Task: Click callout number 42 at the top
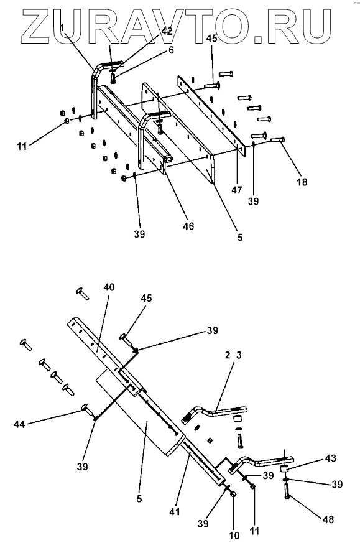[167, 30]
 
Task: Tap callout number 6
[171, 50]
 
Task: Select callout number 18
[302, 182]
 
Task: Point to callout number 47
[237, 190]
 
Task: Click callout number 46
[188, 226]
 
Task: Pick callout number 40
[109, 287]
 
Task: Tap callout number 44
[19, 424]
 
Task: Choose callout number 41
[175, 511]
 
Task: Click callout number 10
[234, 536]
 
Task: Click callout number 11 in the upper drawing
[22, 146]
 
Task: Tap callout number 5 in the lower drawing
[139, 499]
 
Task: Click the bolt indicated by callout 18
[278, 140]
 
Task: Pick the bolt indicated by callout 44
[88, 410]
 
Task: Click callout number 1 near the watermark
[62, 27]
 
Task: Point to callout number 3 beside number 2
[239, 355]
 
